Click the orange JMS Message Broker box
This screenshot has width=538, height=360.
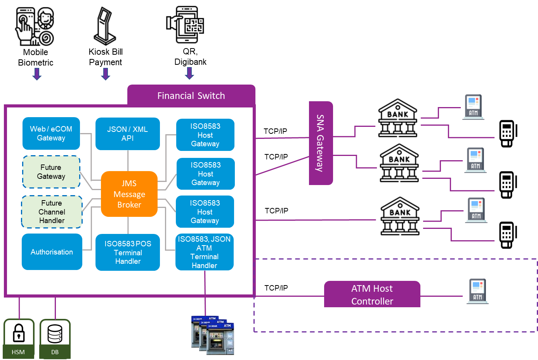pos(129,194)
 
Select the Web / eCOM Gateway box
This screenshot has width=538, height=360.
pos(51,133)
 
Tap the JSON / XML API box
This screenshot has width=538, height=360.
pos(128,134)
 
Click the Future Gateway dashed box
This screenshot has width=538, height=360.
pos(51,172)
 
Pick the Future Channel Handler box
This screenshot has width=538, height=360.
pos(52,212)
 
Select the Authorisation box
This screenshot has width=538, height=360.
pos(52,252)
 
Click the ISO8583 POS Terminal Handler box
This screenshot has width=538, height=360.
pos(128,252)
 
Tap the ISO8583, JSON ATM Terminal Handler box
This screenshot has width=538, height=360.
pos(205,252)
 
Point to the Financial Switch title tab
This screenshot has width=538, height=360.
pos(191,95)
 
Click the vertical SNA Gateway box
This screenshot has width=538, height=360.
pos(321,143)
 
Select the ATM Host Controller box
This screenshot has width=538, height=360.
pos(372,294)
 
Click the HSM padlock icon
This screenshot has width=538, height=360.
pos(19,333)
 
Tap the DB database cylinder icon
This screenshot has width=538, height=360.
pos(55,334)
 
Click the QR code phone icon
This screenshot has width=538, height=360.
pos(185,24)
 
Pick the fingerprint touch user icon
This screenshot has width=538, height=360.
pos(35,26)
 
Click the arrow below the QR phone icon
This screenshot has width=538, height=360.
pos(189,73)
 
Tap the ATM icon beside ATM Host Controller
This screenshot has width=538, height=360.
pos(477,291)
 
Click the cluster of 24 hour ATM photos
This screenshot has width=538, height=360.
pos(213,335)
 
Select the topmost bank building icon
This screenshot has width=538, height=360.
pos(398,117)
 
